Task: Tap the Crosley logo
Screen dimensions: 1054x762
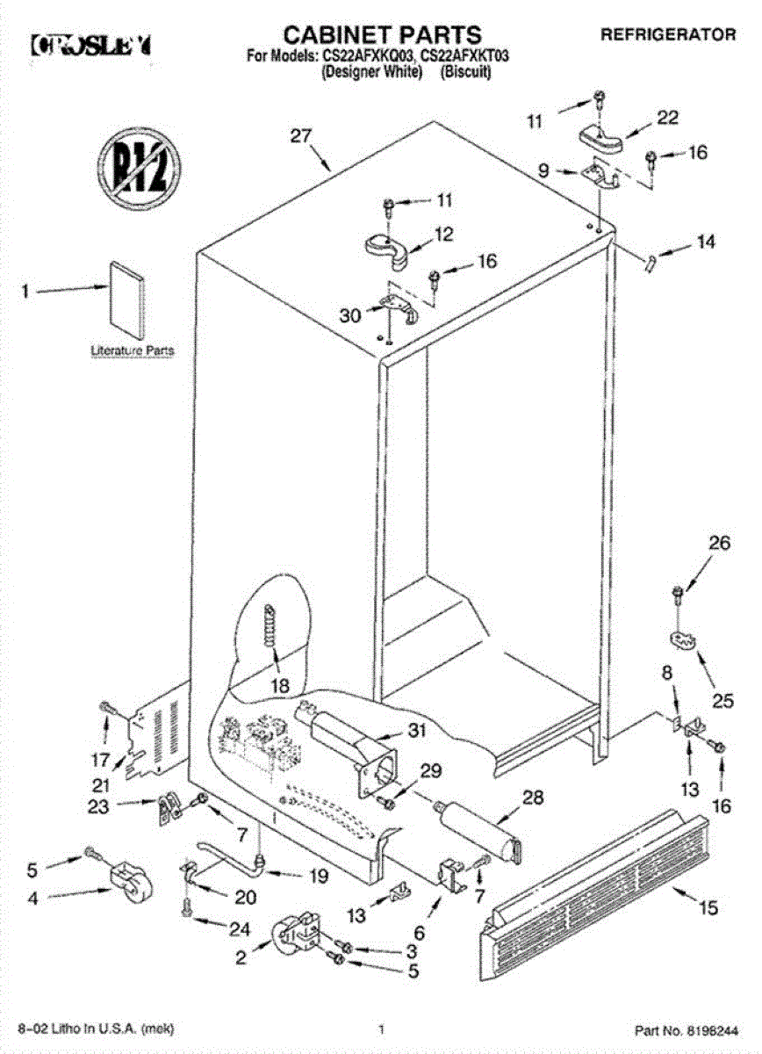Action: click(91, 43)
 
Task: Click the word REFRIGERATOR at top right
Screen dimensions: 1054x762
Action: click(668, 35)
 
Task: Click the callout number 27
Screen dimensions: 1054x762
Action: click(301, 136)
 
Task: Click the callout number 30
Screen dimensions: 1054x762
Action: click(350, 314)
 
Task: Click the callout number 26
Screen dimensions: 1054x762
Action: click(719, 544)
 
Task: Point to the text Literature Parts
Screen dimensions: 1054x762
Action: click(133, 350)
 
